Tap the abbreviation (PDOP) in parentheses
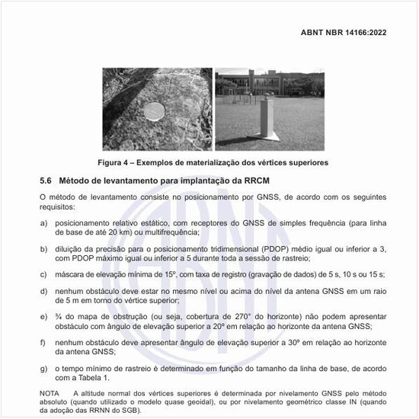tap(278, 249)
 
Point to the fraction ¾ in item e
tap(57, 316)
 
